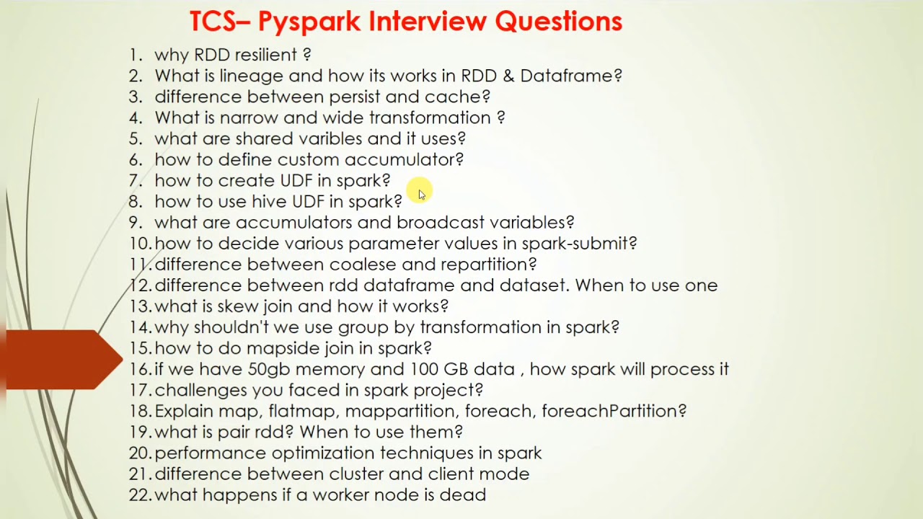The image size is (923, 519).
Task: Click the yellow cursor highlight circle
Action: [419, 190]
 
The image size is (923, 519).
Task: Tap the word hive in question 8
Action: [269, 201]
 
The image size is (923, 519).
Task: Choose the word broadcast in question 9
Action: [441, 222]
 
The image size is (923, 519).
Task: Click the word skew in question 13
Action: [238, 306]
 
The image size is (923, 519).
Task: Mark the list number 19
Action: [140, 432]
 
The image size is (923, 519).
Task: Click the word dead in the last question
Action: [467, 495]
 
